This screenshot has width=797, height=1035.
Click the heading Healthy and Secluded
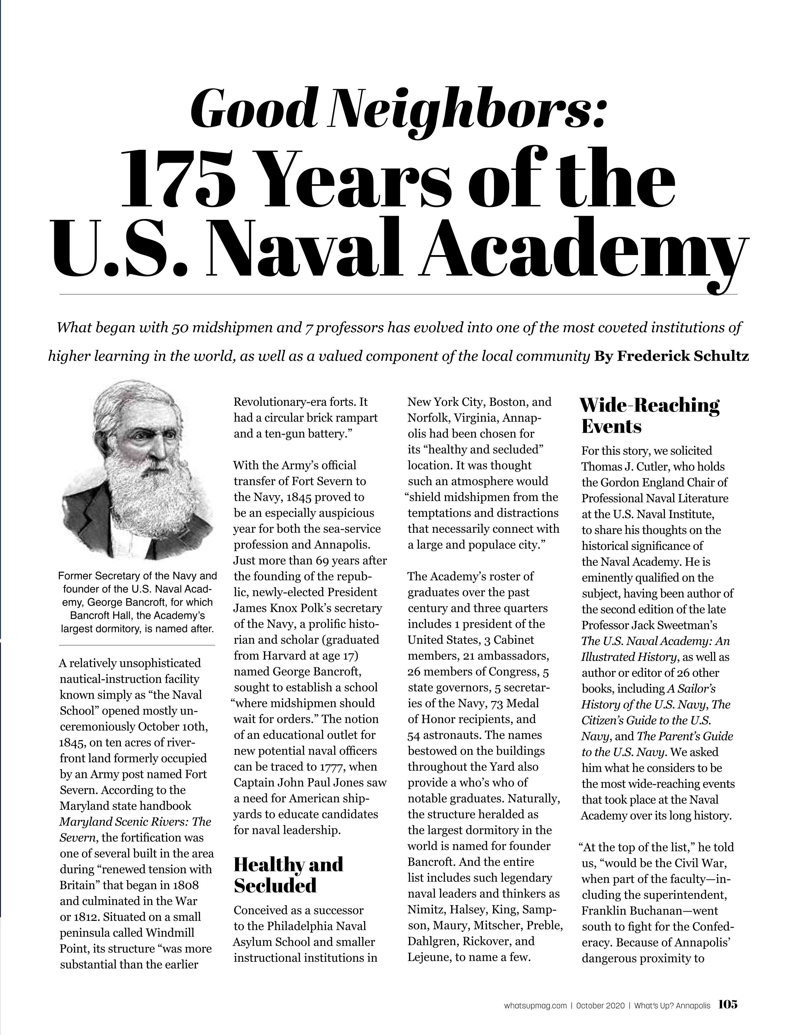pos(288,874)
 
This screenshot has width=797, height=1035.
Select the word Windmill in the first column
pos(170,933)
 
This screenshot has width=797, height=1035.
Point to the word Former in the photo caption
pos(75,576)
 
